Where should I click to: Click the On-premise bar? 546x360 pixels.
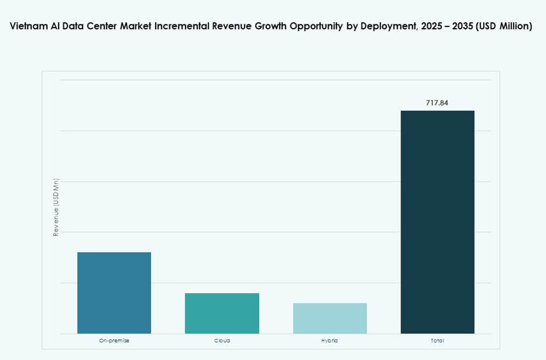tap(114, 293)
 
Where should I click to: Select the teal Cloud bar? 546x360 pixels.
tap(222, 313)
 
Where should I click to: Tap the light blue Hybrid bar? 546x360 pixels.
tap(330, 318)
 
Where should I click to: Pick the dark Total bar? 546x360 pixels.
tap(438, 222)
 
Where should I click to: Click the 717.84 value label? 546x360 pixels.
tap(437, 103)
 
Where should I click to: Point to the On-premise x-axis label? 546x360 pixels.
tap(114, 340)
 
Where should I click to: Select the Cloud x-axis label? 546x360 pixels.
tap(222, 340)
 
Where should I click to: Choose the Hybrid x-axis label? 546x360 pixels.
tap(330, 340)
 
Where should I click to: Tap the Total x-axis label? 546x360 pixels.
tap(438, 340)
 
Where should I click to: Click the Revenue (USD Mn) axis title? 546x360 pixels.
tap(56, 207)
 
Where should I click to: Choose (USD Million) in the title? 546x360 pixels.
tap(504, 27)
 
